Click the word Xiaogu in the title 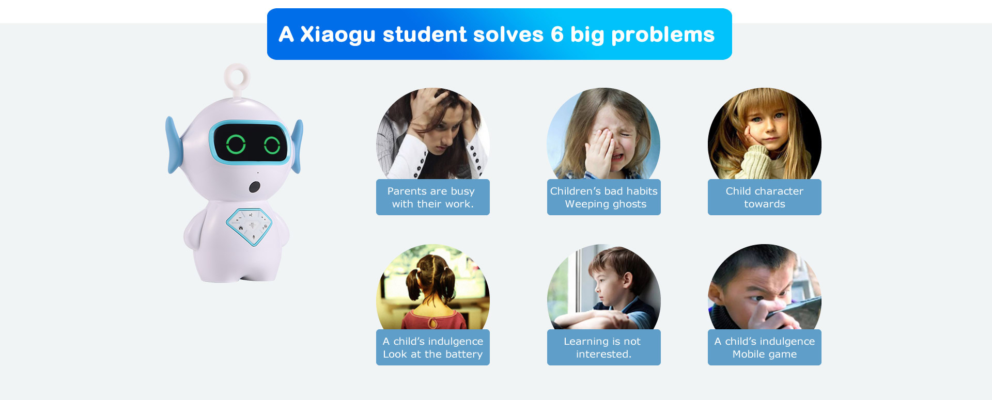pos(338,35)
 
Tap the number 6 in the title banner pos(557,35)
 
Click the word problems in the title pos(663,35)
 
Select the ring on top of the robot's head pos(237,77)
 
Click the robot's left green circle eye pos(236,144)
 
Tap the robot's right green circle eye pos(272,146)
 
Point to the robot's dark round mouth pos(254,187)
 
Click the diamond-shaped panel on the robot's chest pos(249,226)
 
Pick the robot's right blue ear pos(297,146)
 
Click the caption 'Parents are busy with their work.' pos(432,197)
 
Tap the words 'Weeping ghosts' pos(606,204)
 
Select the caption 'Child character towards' pos(765,197)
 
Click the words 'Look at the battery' pos(433,354)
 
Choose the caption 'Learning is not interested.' pos(603,347)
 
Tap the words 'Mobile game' pos(765,354)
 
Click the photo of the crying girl pos(603,134)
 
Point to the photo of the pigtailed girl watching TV pos(433,287)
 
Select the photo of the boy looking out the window pos(603,287)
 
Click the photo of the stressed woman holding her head pos(433,134)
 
